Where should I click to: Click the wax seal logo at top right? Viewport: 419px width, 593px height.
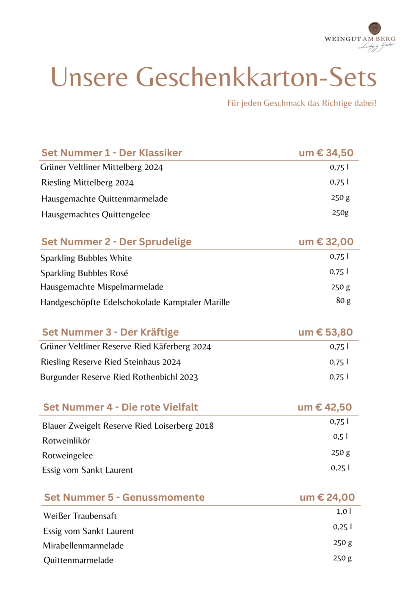click(375, 28)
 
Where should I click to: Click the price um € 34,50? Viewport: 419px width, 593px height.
click(326, 153)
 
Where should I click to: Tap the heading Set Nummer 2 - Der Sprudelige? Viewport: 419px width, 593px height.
click(116, 242)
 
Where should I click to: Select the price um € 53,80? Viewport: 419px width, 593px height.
click(325, 332)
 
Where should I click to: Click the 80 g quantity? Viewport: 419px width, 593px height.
click(343, 301)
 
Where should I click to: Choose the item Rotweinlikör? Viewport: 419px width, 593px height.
click(66, 441)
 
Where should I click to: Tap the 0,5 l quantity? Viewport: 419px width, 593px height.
click(340, 437)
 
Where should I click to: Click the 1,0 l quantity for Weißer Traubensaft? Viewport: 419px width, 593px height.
click(344, 512)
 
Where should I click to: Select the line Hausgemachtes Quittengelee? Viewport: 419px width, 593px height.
click(96, 215)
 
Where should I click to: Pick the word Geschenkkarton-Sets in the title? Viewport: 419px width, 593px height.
click(256, 78)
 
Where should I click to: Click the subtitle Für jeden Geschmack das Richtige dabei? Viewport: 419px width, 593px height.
click(302, 103)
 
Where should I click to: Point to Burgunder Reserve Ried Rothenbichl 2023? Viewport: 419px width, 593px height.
click(119, 377)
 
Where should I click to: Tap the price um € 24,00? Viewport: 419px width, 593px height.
click(327, 497)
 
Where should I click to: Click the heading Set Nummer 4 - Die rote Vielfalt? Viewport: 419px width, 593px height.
click(121, 407)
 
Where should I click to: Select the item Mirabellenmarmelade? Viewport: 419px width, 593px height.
click(83, 546)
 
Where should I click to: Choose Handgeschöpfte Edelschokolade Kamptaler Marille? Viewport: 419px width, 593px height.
click(135, 302)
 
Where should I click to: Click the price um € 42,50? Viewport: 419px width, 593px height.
click(325, 407)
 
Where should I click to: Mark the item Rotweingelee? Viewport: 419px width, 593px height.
click(67, 456)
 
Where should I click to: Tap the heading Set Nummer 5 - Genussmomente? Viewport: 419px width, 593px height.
click(124, 497)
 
